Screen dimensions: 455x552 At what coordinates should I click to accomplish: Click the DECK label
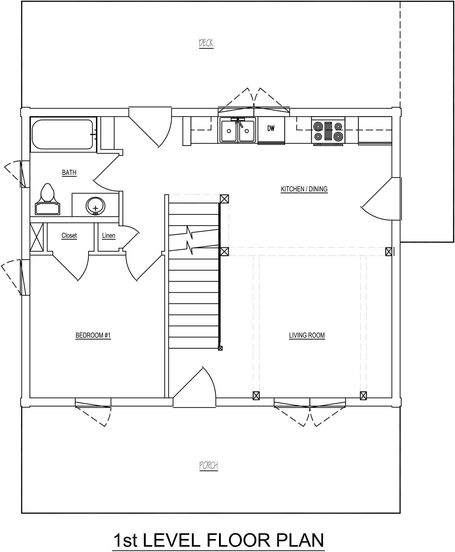206,43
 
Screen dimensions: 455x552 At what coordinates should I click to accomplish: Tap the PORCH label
209,465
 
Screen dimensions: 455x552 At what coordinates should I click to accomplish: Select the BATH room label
69,172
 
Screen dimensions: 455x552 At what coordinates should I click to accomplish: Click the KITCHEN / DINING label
304,189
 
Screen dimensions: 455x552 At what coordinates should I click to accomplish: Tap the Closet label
69,235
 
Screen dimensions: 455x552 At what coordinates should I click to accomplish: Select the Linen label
109,235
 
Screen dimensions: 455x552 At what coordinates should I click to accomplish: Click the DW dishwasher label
271,128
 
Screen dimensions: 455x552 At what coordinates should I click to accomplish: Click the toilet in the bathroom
48,199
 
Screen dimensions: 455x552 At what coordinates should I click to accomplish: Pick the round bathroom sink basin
95,206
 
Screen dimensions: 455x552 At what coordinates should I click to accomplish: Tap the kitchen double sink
238,130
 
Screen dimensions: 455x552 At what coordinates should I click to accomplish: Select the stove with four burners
328,131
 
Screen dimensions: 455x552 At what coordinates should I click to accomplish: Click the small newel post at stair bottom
220,348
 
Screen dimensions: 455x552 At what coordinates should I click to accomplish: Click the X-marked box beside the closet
37,237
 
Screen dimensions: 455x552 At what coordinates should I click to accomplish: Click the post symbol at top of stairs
224,199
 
